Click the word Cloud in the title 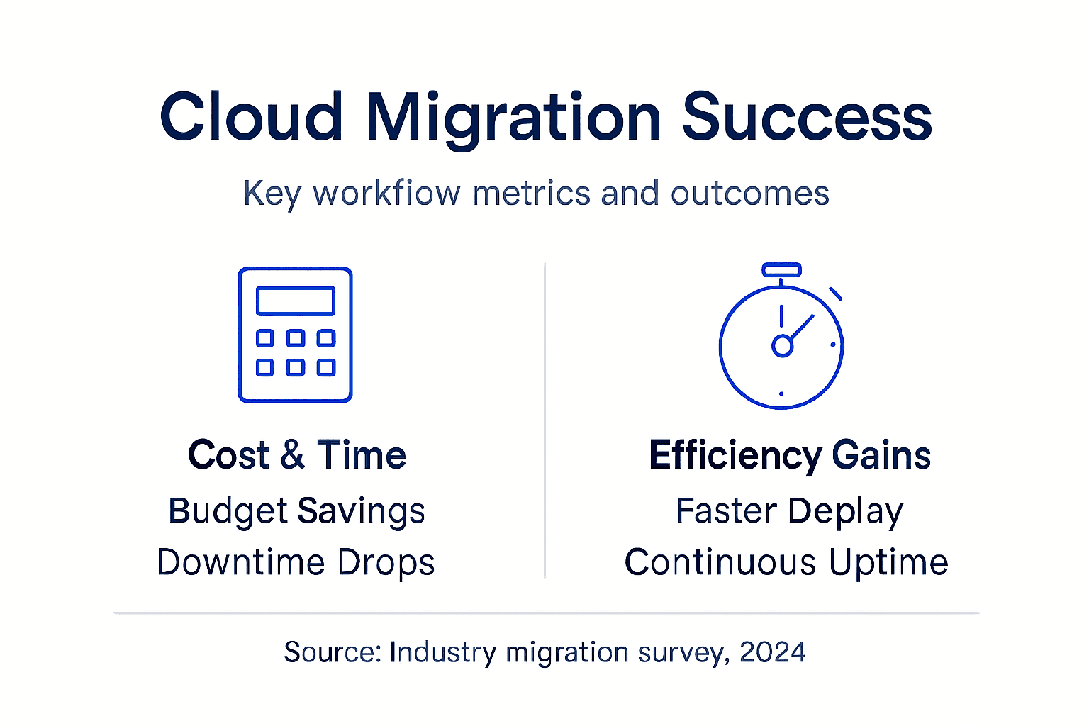click(252, 117)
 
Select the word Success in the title click(806, 117)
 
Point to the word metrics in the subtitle click(531, 194)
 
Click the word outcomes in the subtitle click(749, 194)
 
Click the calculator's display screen click(295, 301)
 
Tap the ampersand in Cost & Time click(293, 455)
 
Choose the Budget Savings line click(296, 511)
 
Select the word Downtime click(240, 562)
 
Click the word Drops click(386, 562)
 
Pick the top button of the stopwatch click(781, 269)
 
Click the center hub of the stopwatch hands click(781, 346)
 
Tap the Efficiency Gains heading click(789, 455)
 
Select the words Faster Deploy click(789, 511)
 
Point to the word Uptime click(888, 562)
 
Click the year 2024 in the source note click(772, 652)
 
